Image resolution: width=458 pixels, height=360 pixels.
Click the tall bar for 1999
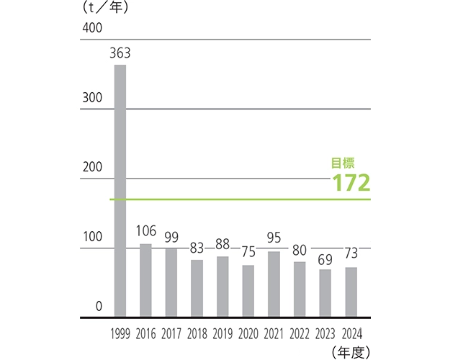(x=120, y=191)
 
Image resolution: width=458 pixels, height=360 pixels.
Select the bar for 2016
(x=145, y=281)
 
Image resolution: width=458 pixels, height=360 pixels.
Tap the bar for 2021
(x=274, y=284)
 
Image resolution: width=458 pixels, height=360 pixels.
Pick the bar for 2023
(x=325, y=293)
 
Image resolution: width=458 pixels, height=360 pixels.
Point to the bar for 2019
(x=223, y=287)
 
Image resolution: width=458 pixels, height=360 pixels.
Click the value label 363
(x=120, y=53)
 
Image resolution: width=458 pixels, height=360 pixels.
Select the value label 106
(x=146, y=231)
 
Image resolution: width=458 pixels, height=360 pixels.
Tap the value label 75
(x=248, y=252)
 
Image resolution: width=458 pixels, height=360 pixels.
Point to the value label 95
(x=274, y=238)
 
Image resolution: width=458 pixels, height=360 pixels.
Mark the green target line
(x=238, y=199)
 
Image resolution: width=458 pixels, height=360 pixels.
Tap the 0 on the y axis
(x=99, y=307)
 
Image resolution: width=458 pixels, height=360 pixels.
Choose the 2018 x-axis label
(x=197, y=334)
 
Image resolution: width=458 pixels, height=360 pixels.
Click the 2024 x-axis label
(x=351, y=334)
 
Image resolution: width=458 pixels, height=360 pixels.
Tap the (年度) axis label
(x=351, y=351)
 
